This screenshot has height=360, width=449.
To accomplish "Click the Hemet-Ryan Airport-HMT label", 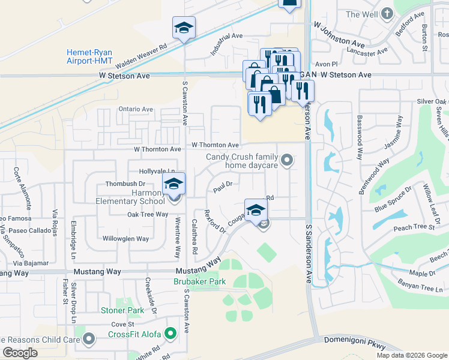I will tap(89, 57).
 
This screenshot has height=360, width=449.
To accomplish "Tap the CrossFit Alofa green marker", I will tap(171, 334).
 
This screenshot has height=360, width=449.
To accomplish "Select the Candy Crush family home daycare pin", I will tap(288, 160).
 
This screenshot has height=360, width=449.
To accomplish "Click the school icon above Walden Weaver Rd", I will tap(184, 28).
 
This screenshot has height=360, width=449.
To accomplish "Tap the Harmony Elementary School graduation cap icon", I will tap(174, 183).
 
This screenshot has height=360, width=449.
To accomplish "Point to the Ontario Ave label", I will tap(136, 109).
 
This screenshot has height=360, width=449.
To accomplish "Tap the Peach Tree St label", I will tap(414, 227).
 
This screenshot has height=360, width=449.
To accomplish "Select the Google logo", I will tap(20, 353).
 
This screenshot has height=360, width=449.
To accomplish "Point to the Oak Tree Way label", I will tap(148, 214).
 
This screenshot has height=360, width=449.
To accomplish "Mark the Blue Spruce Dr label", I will tap(393, 199).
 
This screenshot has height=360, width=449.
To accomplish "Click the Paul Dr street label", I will tap(223, 188).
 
